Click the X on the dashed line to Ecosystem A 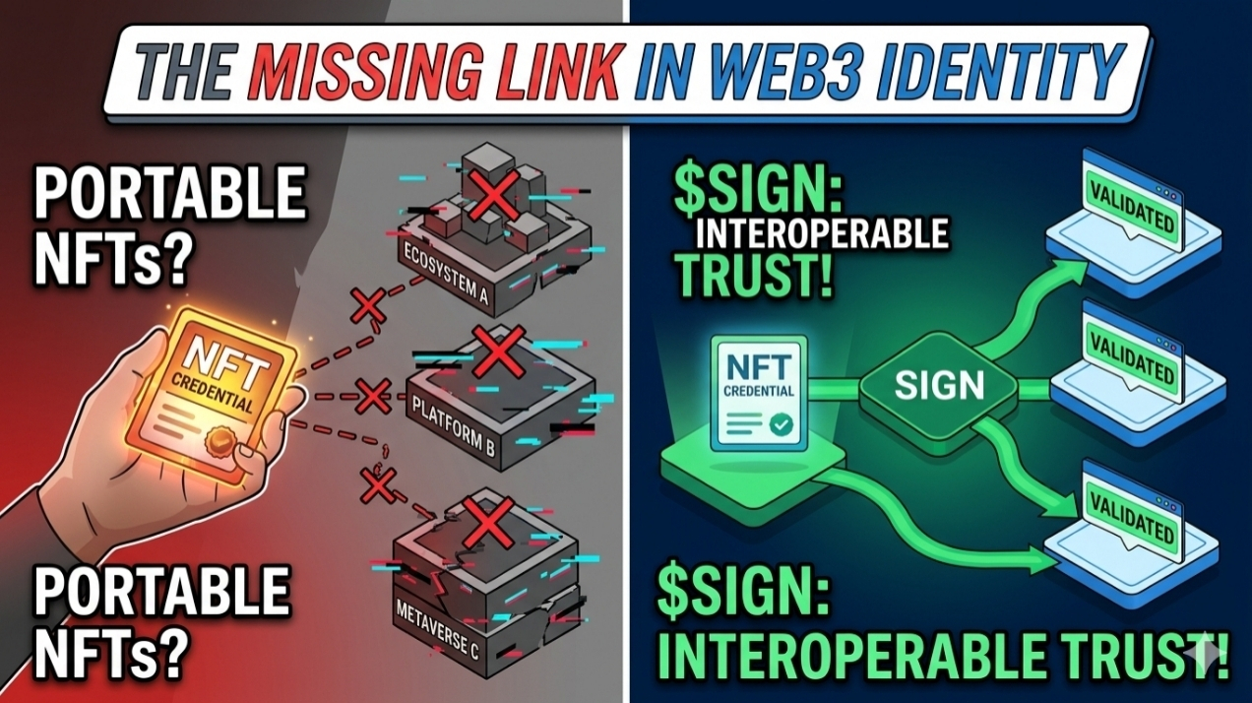[368, 306]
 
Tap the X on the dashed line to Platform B [373, 397]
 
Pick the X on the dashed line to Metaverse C [378, 484]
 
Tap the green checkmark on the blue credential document [782, 425]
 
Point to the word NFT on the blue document [757, 367]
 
